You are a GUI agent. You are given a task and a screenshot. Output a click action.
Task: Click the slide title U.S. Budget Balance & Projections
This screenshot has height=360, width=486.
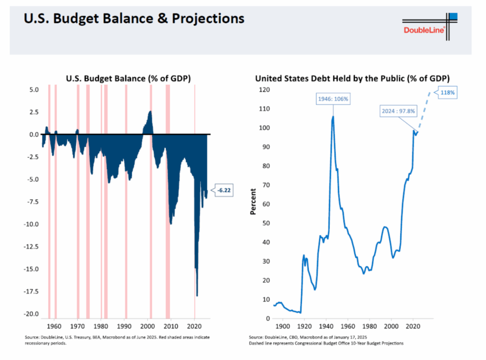pos(134,19)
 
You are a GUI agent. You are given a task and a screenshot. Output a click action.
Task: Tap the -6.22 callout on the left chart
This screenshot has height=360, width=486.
pos(224,190)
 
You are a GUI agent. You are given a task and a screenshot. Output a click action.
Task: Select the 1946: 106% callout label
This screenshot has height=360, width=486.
pos(333,99)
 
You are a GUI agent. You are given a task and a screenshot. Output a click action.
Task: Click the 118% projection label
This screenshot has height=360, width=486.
pos(448,93)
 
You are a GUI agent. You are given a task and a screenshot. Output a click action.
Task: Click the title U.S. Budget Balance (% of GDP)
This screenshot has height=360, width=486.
pos(128,78)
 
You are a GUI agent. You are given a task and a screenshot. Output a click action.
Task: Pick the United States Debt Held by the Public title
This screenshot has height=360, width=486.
pos(353,78)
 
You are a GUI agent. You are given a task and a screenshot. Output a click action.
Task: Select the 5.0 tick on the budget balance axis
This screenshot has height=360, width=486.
pos(33,90)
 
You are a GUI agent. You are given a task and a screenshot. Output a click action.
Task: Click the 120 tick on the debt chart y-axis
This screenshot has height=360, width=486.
pos(263,90)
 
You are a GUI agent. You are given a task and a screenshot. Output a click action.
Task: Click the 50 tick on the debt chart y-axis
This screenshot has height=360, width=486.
pos(265,223)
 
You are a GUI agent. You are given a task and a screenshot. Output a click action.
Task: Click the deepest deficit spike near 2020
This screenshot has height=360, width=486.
pos(197,295)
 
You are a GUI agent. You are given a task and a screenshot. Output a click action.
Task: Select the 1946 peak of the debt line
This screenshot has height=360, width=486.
pos(333,117)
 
